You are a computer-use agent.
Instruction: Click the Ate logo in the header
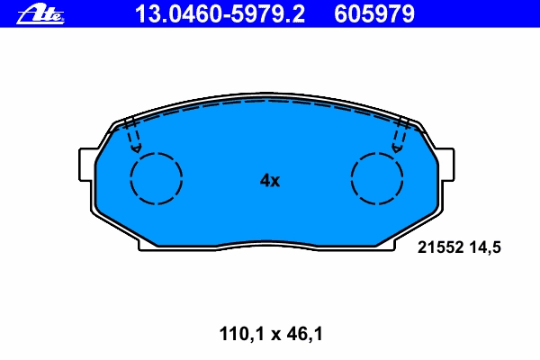40,14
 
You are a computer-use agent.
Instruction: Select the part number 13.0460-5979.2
220,14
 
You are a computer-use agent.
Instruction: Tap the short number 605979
374,14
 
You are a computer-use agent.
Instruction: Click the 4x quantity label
270,180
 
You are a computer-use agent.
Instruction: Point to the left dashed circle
130,178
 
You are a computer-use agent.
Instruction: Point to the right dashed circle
351,178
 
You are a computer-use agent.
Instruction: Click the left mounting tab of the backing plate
86,165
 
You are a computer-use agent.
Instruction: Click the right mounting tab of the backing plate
446,165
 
